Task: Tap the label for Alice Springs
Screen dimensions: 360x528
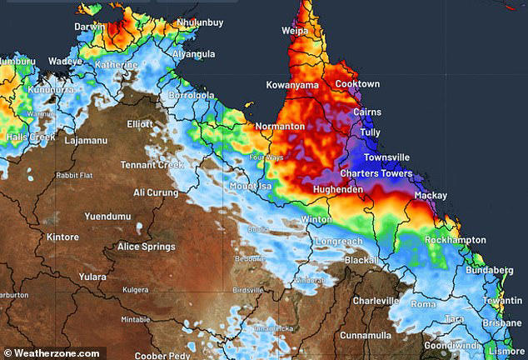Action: tap(147, 247)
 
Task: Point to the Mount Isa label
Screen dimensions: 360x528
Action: tap(252, 187)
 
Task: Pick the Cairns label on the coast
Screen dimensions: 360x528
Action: tap(367, 112)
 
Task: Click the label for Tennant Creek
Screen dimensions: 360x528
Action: tap(152, 164)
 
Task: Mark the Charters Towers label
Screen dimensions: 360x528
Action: tap(376, 174)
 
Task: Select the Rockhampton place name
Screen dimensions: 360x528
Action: tap(455, 240)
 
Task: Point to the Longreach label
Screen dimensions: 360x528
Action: tap(338, 242)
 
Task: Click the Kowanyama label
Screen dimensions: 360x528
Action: tap(293, 85)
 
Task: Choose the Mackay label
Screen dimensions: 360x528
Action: tap(431, 195)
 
